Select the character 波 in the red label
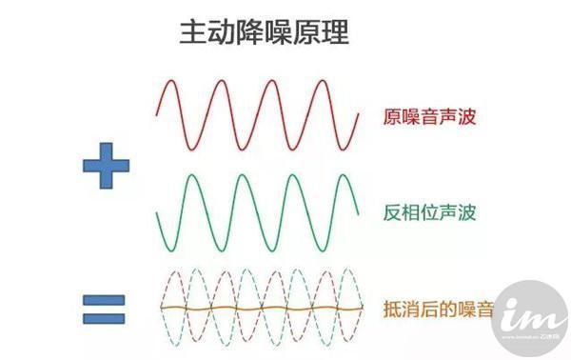[x=465, y=119]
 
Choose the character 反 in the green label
[x=393, y=211]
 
